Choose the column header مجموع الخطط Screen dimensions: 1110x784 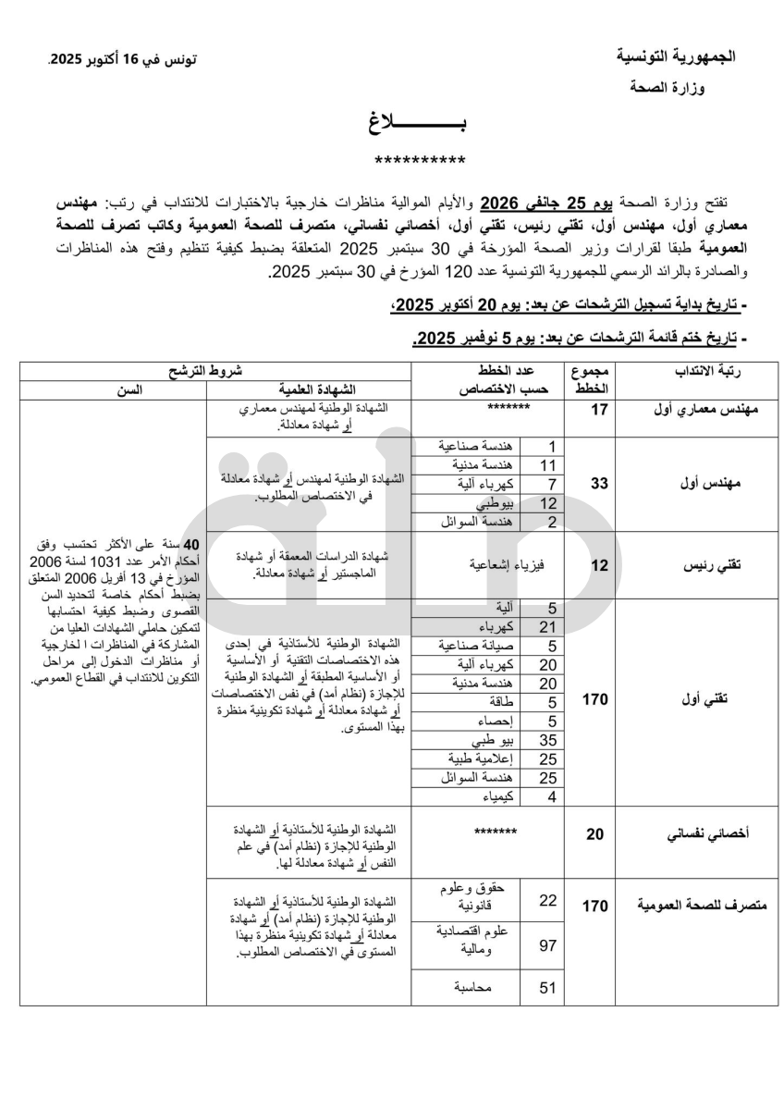pyautogui.click(x=589, y=379)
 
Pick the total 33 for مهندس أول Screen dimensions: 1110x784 pyautogui.click(x=599, y=483)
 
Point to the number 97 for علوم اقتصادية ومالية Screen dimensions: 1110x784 pyautogui.click(x=547, y=944)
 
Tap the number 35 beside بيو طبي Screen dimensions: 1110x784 pyautogui.click(x=547, y=740)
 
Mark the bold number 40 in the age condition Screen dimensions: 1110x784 pyautogui.click(x=192, y=544)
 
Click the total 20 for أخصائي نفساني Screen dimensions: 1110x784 pyautogui.click(x=595, y=834)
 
